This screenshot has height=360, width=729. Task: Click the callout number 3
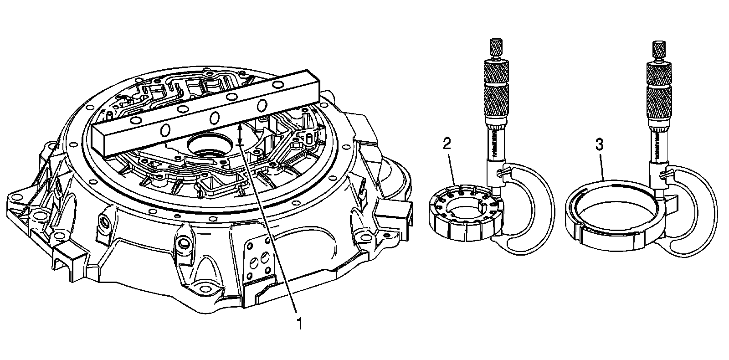click(599, 145)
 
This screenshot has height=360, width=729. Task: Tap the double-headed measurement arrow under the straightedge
click(241, 134)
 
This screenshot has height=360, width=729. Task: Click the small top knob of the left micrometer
click(495, 47)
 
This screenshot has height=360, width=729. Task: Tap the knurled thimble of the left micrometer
click(496, 91)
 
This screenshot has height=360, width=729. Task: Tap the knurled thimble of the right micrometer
click(659, 91)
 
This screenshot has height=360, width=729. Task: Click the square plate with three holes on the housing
click(257, 262)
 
